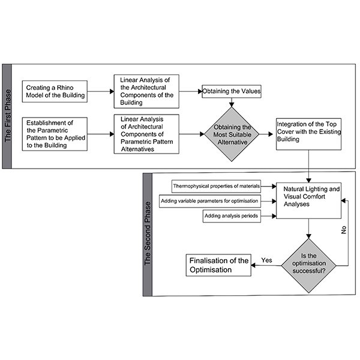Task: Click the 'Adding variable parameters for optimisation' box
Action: pos(210,200)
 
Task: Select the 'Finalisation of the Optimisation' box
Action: pos(218,265)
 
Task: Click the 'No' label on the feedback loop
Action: pos(344,230)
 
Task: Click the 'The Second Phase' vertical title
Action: pos(147,234)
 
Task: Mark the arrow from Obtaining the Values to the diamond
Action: pos(230,102)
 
